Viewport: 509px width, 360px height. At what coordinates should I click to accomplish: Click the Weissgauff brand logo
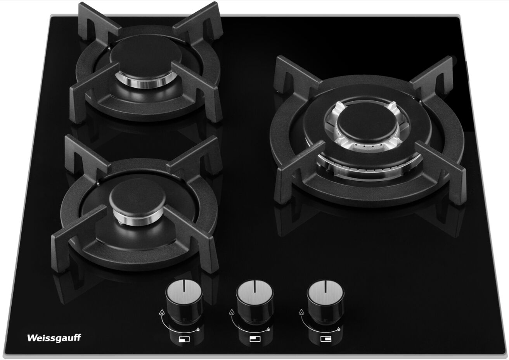pos(54,338)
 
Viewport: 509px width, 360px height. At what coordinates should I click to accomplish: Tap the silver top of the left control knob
pos(184,291)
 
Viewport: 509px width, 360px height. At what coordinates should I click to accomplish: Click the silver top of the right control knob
pos(325,292)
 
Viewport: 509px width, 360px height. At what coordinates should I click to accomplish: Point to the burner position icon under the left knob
pos(184,339)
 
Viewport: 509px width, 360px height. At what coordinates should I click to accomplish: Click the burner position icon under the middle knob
pos(255,339)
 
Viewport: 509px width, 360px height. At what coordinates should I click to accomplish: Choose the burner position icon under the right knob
pos(325,339)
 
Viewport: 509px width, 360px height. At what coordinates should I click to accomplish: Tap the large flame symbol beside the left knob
pos(161,313)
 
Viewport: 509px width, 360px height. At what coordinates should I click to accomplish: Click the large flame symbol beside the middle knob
pos(231,313)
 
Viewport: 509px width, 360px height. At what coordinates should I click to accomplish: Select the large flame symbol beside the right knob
pos(301,313)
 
